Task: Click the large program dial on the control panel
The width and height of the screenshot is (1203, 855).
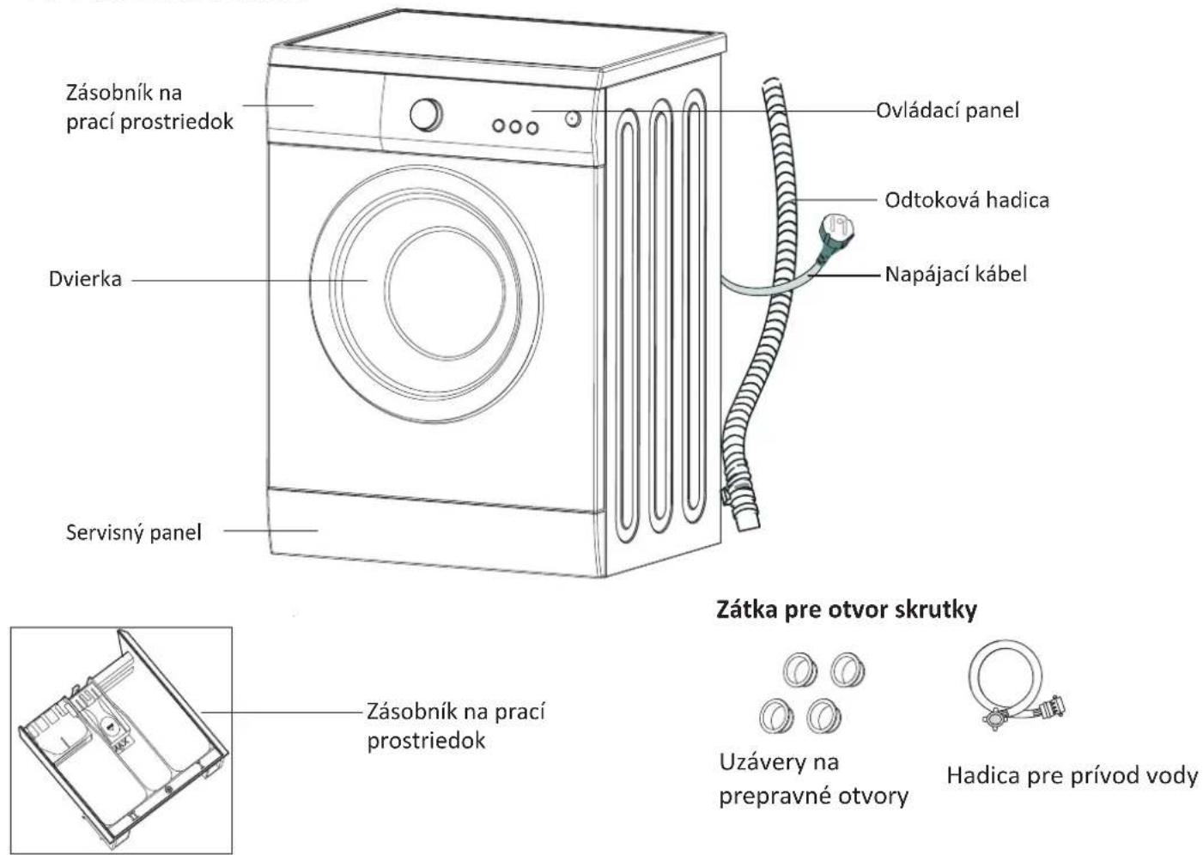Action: (x=426, y=114)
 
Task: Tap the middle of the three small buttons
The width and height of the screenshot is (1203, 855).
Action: (x=515, y=126)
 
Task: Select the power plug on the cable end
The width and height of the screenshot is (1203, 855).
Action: (x=835, y=229)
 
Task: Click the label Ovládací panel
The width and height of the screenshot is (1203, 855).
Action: (x=947, y=110)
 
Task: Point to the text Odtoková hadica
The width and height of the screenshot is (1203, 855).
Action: (x=966, y=200)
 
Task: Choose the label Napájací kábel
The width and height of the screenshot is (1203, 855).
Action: (x=955, y=274)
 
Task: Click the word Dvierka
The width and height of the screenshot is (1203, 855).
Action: (x=85, y=279)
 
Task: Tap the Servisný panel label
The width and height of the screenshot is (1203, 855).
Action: (x=134, y=532)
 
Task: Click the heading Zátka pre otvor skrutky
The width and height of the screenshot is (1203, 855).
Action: (x=846, y=609)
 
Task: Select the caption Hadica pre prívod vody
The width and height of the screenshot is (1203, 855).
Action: (x=1072, y=775)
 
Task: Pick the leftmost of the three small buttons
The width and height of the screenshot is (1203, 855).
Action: (x=499, y=125)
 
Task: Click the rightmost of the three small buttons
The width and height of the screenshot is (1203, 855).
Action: (x=532, y=128)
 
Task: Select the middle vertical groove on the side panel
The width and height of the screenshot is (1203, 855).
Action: (x=660, y=318)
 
